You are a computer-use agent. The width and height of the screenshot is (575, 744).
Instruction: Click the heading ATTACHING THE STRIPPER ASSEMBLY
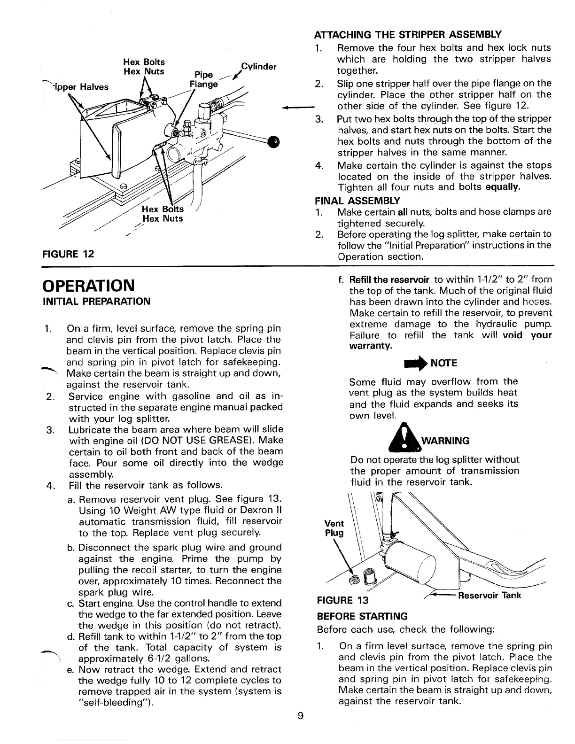[407, 35]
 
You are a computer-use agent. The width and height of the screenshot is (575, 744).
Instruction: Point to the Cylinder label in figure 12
[258, 66]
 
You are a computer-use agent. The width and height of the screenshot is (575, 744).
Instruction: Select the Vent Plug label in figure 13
[334, 528]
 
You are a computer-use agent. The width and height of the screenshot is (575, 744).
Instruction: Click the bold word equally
[502, 188]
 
